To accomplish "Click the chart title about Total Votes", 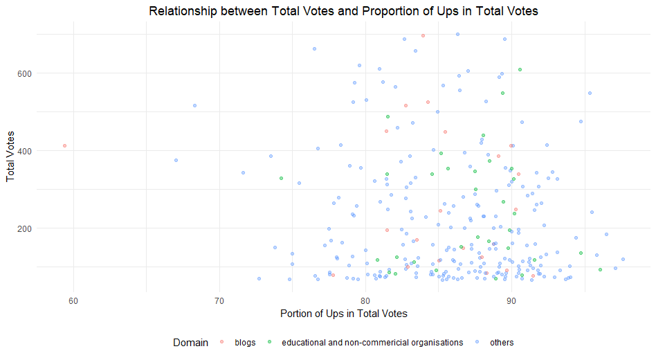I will (343, 11).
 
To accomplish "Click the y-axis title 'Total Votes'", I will (11, 160).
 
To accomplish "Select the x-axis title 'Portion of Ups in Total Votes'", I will (343, 314).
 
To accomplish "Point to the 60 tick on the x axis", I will (73, 299).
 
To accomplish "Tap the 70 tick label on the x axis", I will (219, 299).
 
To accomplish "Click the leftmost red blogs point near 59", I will (64, 146).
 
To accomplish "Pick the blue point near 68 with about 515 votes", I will (194, 105).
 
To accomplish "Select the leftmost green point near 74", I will (281, 179).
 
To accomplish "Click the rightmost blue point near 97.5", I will (623, 260).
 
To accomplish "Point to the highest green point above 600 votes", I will (520, 70).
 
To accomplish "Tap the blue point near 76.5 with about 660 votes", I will (314, 49).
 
